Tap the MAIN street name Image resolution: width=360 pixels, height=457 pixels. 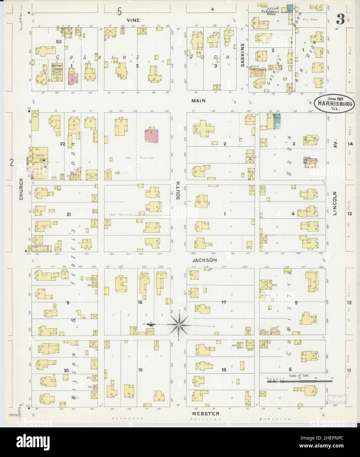coord(199,101)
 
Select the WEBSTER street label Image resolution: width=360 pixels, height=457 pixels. coord(204,413)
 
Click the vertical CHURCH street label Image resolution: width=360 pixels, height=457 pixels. coord(21,189)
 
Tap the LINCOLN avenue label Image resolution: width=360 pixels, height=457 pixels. coord(335,203)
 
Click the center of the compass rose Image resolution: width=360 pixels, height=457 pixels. coord(179,325)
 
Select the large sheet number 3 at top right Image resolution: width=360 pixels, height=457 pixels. coord(339,20)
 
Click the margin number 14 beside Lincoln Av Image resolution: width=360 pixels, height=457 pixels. coord(350,144)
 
